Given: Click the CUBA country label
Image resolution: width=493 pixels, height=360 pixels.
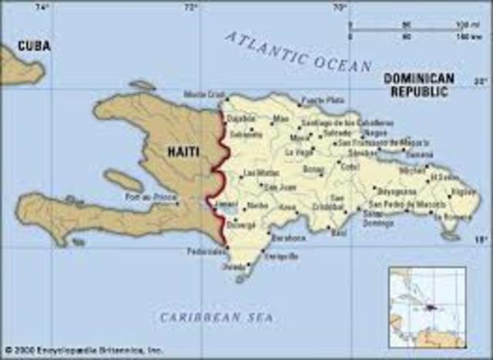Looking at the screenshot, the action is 34,46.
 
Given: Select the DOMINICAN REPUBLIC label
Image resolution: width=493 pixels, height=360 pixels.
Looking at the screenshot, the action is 419,85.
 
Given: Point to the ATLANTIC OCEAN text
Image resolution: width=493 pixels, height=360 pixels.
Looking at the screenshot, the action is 299,52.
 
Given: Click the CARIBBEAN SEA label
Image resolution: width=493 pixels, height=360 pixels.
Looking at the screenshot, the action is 216,317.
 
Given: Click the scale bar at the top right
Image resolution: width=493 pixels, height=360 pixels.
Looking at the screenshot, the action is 409,29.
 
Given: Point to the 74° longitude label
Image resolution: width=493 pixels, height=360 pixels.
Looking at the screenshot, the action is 43,7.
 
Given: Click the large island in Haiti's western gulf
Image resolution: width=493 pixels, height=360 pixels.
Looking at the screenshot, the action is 123,181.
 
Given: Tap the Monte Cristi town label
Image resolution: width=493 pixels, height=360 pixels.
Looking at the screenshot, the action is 204,95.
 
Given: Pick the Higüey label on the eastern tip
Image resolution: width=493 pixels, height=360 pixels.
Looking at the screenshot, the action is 463,190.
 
